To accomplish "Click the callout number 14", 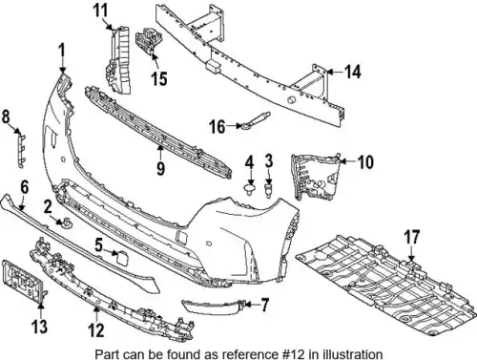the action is [353, 72].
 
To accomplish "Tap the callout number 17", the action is [412, 238].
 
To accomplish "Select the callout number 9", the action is [160, 168].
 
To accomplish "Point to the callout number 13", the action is [40, 327].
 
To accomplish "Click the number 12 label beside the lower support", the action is [96, 330].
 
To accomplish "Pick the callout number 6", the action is [25, 187].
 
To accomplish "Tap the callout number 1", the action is [62, 51].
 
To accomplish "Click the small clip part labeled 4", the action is [251, 188].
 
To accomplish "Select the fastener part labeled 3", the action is [269, 189].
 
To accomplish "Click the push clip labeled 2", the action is [68, 222].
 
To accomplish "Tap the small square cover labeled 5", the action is [122, 258].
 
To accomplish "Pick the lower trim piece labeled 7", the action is [212, 307].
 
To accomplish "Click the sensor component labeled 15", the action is [148, 40].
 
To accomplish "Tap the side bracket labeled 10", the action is [316, 177].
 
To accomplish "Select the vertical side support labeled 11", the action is [117, 60].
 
